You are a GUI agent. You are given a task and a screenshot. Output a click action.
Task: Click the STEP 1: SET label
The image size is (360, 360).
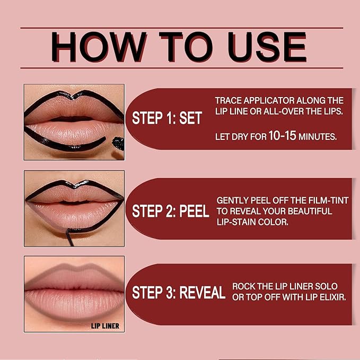pyautogui.click(x=167, y=118)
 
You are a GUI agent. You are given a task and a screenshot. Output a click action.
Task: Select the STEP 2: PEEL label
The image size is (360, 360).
pyautogui.click(x=170, y=212)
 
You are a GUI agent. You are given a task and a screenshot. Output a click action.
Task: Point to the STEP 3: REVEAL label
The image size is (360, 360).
pyautogui.click(x=179, y=293)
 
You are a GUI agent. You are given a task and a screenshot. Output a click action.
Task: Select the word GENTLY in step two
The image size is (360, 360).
pyautogui.click(x=233, y=201)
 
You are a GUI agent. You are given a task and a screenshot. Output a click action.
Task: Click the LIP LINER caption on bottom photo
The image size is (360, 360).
pyautogui.click(x=104, y=326)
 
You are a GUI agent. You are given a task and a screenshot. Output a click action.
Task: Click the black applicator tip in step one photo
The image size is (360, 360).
pyautogui.click(x=118, y=144)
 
